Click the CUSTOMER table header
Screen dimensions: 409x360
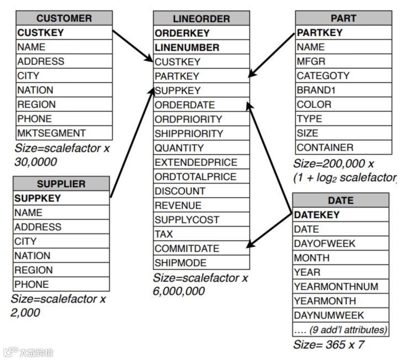64,18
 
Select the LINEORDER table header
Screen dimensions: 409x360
201,19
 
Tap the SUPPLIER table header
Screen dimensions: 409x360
61,184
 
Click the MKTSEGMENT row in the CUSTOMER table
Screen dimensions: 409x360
64,133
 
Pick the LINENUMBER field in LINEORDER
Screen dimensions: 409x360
201,47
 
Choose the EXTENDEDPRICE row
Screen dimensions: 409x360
201,163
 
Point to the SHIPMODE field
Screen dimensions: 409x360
201,263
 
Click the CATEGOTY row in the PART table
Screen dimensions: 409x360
343,76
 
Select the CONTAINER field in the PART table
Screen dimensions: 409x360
343,147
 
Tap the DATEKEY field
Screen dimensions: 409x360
340,215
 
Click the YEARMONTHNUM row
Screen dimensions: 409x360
340,286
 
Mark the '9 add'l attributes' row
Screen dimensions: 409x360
340,330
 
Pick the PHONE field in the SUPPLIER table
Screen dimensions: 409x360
61,284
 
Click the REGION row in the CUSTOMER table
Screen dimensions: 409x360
64,104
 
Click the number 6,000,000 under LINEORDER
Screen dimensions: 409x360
179,291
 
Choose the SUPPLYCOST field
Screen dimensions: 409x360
201,220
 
